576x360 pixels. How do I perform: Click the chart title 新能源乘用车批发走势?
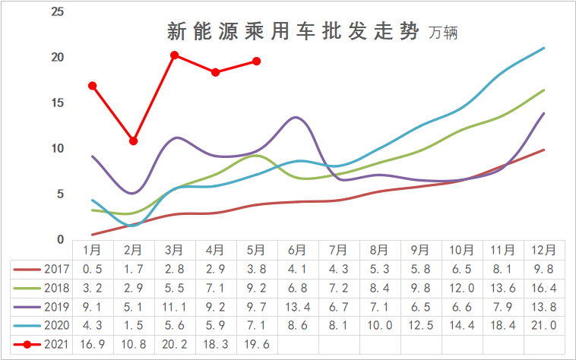coord(292,32)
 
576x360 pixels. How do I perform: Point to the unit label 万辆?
coord(444,34)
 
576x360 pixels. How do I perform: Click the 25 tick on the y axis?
coord(57,12)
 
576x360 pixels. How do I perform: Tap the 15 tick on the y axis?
coord(57,103)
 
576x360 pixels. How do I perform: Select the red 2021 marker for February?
coord(133,141)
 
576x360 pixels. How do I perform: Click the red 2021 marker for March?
coord(174,55)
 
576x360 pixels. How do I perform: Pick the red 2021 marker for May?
coord(256,61)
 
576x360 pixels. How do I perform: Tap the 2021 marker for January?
coord(92,86)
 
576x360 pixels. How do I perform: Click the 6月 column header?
coord(297,249)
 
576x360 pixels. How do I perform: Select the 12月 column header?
coord(543,249)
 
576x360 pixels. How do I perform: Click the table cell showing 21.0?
coord(543,325)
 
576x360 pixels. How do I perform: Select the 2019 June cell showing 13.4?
coord(297,306)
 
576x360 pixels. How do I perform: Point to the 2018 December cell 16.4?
coord(543,287)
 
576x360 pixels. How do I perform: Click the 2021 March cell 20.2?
coord(174,343)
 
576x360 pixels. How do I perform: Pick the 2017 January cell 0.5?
coord(92,268)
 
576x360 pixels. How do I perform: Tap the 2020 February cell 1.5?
coord(133,325)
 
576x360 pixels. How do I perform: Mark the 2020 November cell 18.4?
coord(502,325)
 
